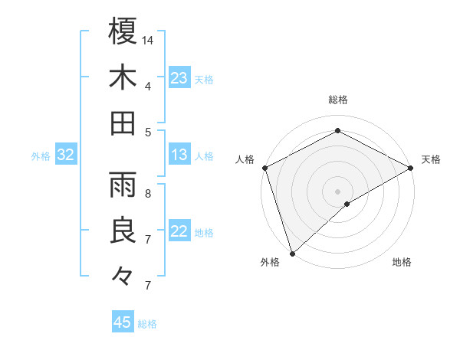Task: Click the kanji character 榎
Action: click(123, 31)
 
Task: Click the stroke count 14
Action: click(148, 39)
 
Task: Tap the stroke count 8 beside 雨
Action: click(148, 193)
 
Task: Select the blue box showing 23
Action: click(179, 78)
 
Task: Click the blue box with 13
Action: click(179, 155)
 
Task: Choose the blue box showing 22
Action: click(179, 232)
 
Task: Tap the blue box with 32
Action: click(66, 155)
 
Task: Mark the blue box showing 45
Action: click(123, 322)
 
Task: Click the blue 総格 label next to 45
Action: click(147, 324)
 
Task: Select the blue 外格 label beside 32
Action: click(41, 156)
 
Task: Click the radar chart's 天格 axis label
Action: click(432, 159)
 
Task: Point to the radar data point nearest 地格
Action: click(347, 204)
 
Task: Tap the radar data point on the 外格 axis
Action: click(291, 253)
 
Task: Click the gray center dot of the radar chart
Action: click(337, 190)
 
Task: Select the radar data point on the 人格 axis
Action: click(264, 167)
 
